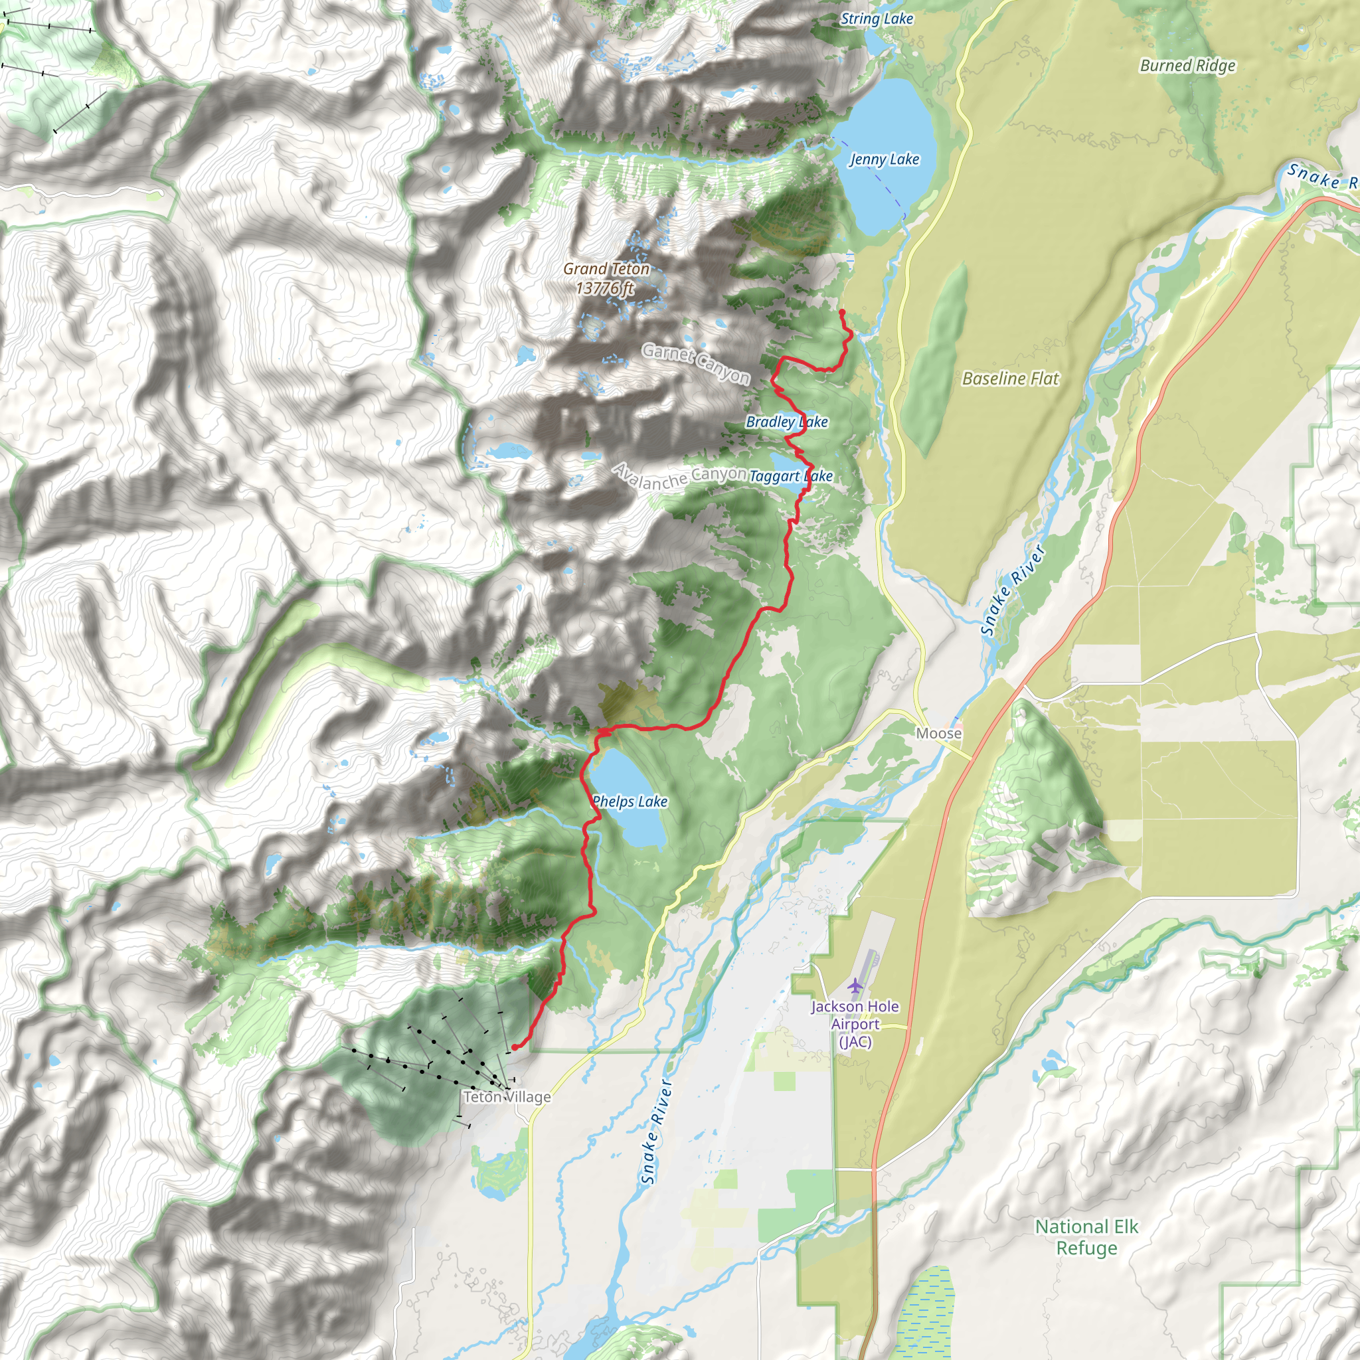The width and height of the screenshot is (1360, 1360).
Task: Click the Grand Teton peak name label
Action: pos(606,269)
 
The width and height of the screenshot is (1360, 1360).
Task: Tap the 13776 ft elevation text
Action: pos(605,289)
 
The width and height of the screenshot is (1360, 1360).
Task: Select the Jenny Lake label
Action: pos(884,160)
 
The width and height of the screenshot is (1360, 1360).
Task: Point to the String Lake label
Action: pos(877,19)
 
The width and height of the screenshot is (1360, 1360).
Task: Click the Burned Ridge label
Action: pos(1187,66)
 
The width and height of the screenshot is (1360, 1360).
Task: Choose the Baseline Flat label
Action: pos(1010,379)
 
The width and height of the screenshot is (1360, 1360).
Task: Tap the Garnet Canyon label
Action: pos(695,364)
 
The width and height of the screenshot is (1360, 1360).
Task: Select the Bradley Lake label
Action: pos(786,422)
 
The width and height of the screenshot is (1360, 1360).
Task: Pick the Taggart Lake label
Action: pos(790,477)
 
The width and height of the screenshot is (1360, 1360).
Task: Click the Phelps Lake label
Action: pos(630,801)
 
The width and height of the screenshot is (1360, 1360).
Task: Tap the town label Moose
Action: pos(938,734)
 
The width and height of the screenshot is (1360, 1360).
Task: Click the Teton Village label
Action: pos(507,1097)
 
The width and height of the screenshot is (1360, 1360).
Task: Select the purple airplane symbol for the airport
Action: pos(855,986)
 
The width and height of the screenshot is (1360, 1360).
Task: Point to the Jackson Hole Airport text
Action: pos(855,1024)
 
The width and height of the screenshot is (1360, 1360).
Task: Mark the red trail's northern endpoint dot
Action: pos(842,311)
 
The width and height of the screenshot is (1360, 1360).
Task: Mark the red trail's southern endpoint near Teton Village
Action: pos(515,1047)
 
